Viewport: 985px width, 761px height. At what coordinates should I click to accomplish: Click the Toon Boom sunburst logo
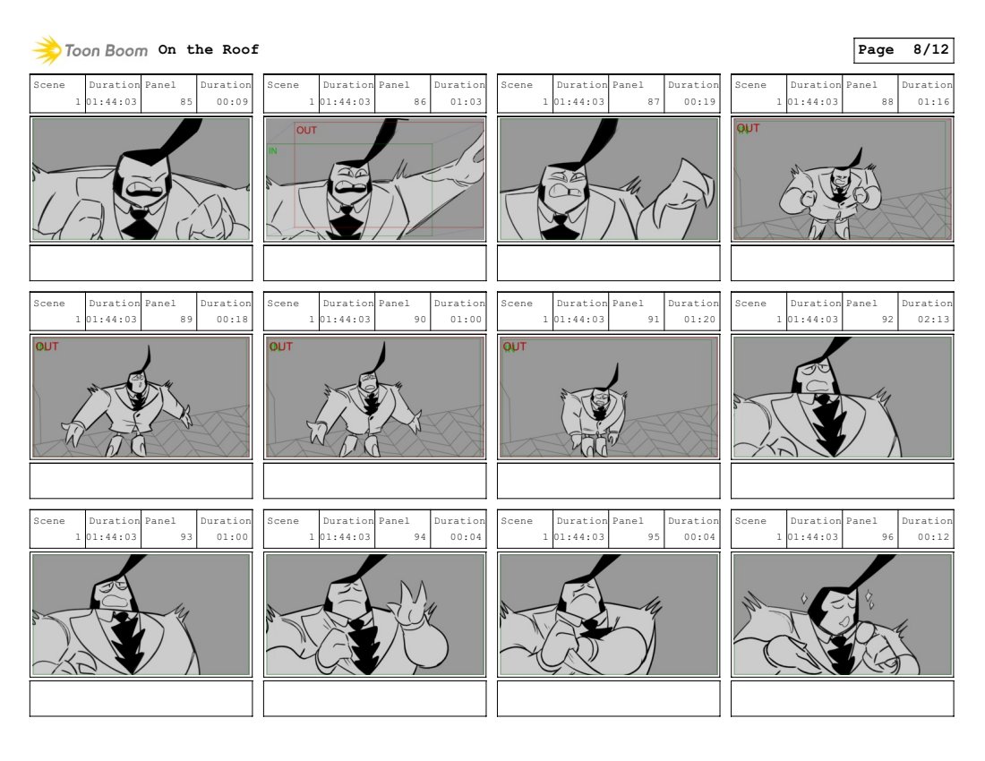[47, 50]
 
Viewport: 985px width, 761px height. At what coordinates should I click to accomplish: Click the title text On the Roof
[208, 49]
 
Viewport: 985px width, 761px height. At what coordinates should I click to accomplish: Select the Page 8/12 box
[904, 50]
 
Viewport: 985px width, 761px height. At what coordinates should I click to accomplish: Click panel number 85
[186, 102]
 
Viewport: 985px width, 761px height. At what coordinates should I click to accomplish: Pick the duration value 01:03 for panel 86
[466, 102]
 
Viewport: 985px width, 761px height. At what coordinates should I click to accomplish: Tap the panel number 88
[887, 102]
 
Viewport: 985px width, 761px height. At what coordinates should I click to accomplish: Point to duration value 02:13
[933, 319]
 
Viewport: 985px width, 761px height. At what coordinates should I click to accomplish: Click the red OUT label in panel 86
[306, 130]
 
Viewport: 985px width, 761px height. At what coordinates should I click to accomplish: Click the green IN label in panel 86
[272, 150]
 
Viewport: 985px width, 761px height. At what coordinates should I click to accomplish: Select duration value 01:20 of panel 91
[699, 319]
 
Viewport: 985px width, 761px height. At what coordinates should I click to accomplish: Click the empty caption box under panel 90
[375, 481]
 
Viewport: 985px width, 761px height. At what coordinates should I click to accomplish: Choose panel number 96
[887, 537]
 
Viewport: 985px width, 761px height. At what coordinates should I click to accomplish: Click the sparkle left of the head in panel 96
[804, 598]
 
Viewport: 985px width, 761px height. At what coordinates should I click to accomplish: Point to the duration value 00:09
[232, 102]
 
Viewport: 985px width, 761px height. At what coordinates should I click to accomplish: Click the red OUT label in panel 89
[47, 346]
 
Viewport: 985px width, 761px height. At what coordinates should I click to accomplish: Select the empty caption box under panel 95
[609, 699]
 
